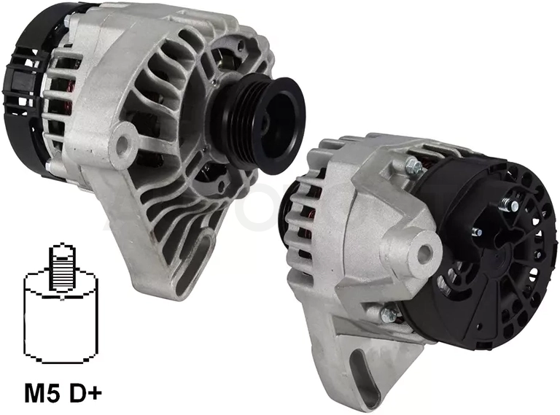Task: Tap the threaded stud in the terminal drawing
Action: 62,265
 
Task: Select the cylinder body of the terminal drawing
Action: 60,318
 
